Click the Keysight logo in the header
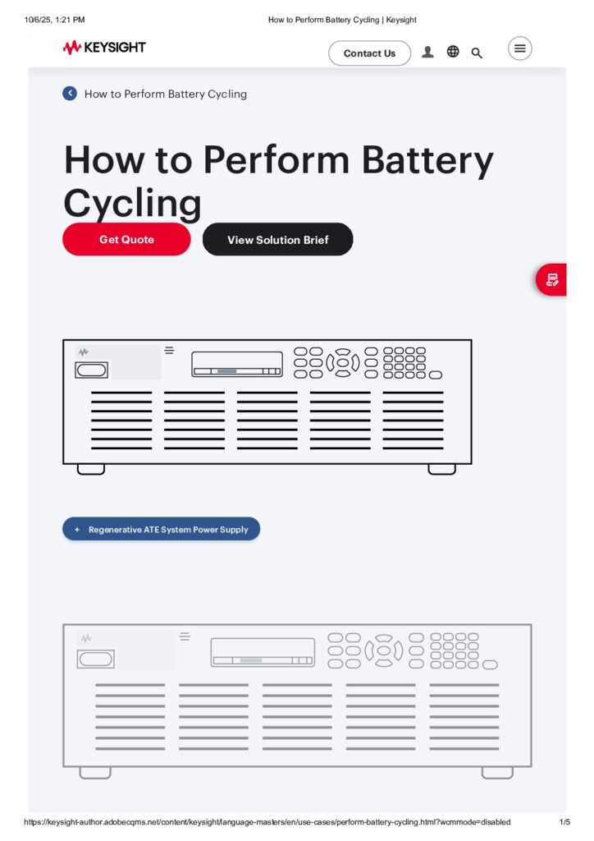coord(104,48)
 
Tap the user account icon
coord(427,53)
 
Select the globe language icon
coord(453,52)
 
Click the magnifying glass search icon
coord(477,53)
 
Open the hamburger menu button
coord(519,48)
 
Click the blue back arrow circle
coord(70,94)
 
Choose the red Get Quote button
coord(126,240)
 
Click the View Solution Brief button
coord(277,240)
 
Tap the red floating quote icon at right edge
coord(552,280)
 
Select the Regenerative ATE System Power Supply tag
coord(161,530)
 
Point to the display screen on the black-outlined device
coord(237,364)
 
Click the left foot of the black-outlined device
coord(91,469)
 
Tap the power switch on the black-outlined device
coord(92,370)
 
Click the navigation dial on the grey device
coord(383,650)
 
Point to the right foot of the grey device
coord(497,773)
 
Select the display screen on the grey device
coord(263,652)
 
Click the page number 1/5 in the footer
coord(564,822)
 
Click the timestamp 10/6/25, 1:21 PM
coord(54,20)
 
